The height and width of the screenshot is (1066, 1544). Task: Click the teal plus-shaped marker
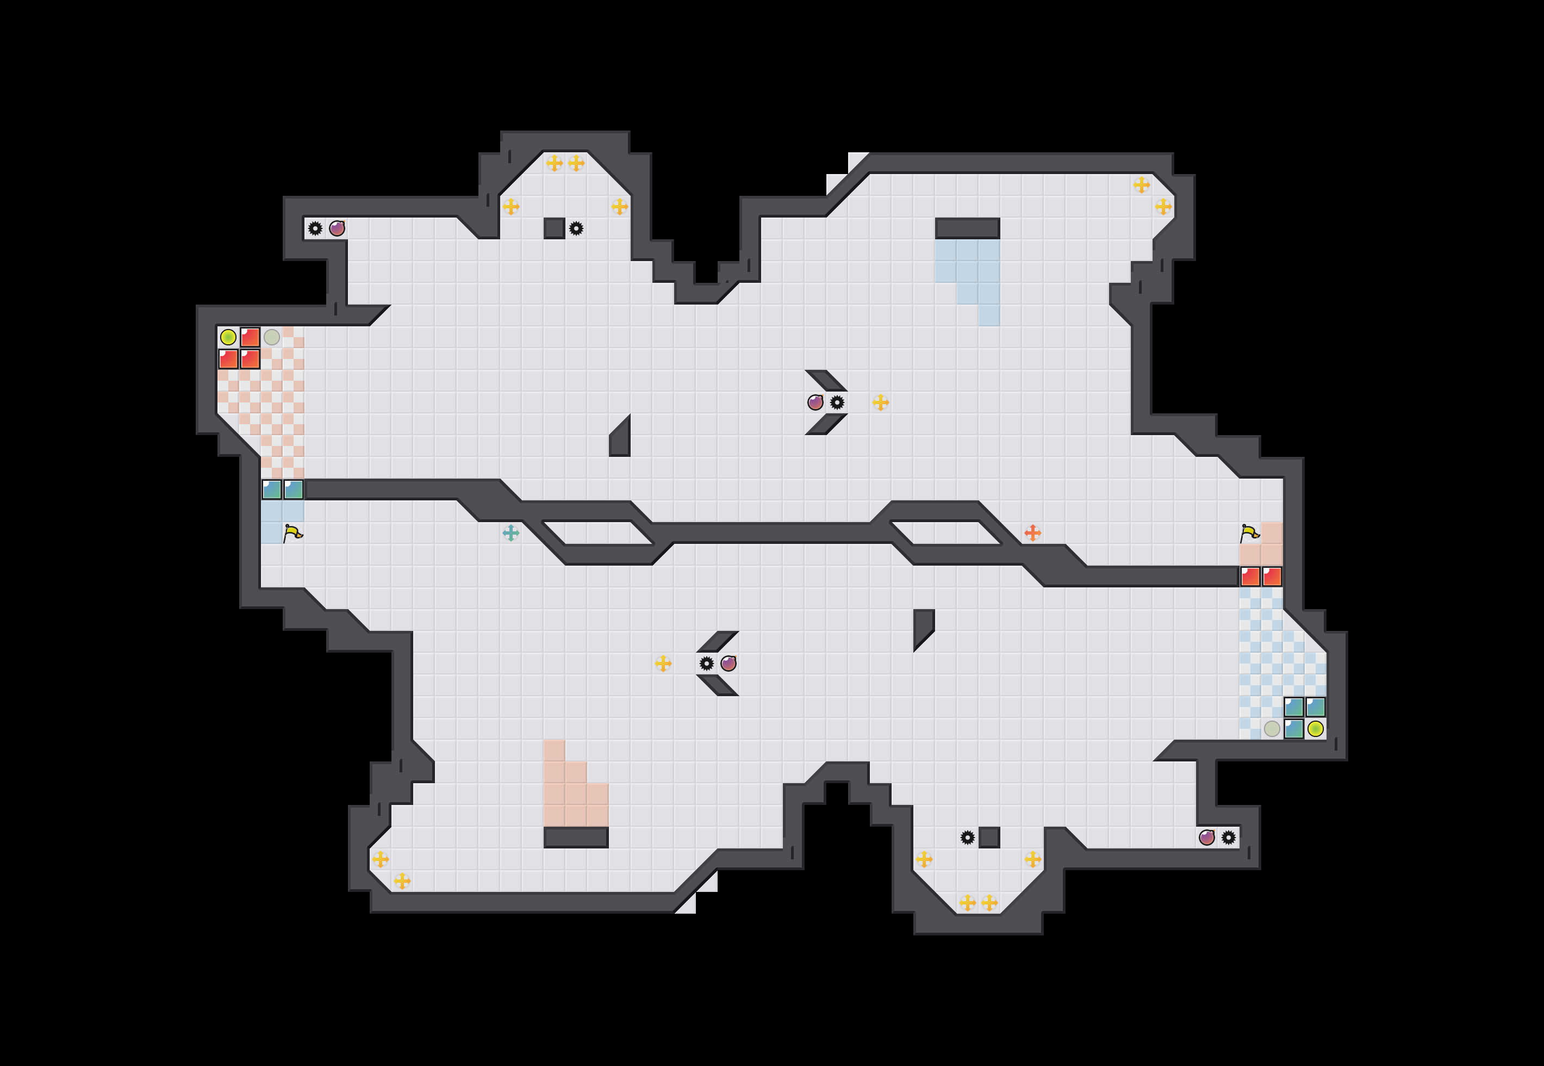(510, 533)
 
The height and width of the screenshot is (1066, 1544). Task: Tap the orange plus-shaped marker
(1032, 533)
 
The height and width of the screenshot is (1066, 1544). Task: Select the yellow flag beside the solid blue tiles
(292, 533)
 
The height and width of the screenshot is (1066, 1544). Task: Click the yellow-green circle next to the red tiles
(228, 337)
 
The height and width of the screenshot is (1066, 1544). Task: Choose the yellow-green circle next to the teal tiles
(1315, 729)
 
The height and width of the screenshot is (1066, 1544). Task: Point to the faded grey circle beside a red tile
(272, 337)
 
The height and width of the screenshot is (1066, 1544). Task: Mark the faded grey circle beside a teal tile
(1272, 729)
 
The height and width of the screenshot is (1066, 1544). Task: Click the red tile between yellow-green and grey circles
(250, 337)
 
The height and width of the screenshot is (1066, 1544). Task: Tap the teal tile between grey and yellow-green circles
(1294, 729)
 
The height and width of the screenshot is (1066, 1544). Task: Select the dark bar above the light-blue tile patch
(967, 228)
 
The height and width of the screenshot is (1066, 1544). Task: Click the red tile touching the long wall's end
(1250, 577)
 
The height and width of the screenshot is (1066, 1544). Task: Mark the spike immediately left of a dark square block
(967, 838)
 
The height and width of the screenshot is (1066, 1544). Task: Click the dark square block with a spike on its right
(554, 228)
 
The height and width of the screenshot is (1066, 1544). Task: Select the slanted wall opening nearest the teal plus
(597, 533)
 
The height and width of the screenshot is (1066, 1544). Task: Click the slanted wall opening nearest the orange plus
(946, 533)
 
